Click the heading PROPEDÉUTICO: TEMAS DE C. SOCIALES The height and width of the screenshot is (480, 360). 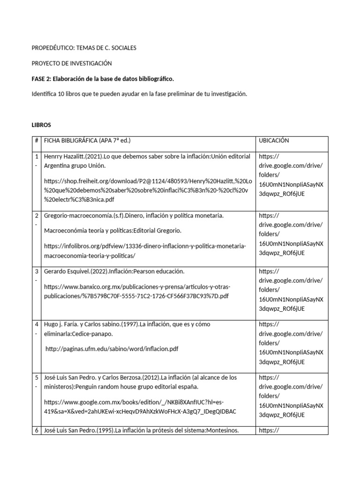(84, 48)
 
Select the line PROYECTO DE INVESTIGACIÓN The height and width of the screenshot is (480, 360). (72, 63)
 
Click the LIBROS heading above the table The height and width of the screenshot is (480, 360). (41, 125)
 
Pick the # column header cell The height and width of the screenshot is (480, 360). (36, 141)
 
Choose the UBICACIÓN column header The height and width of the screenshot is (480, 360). (274, 141)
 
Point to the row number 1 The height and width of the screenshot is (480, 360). (36, 156)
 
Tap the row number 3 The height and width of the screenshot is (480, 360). (36, 271)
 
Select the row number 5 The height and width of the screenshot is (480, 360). (36, 377)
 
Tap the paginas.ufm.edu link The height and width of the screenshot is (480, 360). (112, 349)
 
